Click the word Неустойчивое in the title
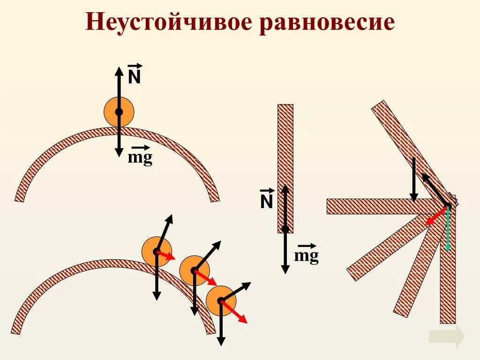click(169, 22)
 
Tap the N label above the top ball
click(135, 76)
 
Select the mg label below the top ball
click(140, 157)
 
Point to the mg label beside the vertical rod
click(307, 255)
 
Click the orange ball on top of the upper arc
click(119, 112)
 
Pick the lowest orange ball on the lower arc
click(221, 300)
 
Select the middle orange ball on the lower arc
click(194, 270)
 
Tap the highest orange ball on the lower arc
click(157, 252)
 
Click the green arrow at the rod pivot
click(448, 230)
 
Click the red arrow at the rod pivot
click(436, 216)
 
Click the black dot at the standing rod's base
click(285, 229)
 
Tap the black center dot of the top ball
click(119, 112)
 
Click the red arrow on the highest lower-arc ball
click(166, 255)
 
